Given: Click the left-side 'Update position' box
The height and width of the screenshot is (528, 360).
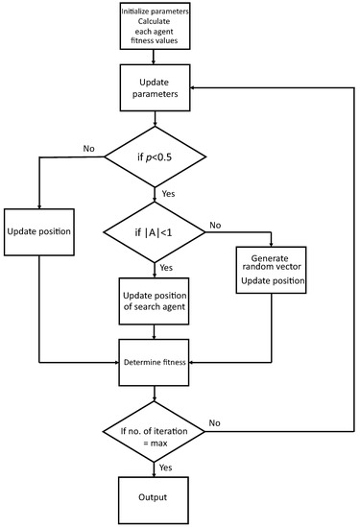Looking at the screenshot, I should (40, 232).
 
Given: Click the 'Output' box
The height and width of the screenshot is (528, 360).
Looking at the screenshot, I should (155, 498).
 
